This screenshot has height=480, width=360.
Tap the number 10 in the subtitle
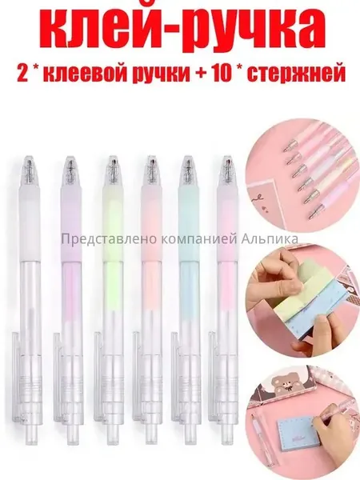pyautogui.click(x=221, y=74)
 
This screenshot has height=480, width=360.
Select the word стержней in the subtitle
pyautogui.click(x=296, y=74)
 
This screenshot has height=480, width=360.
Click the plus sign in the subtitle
pyautogui.click(x=201, y=74)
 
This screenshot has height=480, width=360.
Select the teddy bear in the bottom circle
pyautogui.click(x=284, y=386)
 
